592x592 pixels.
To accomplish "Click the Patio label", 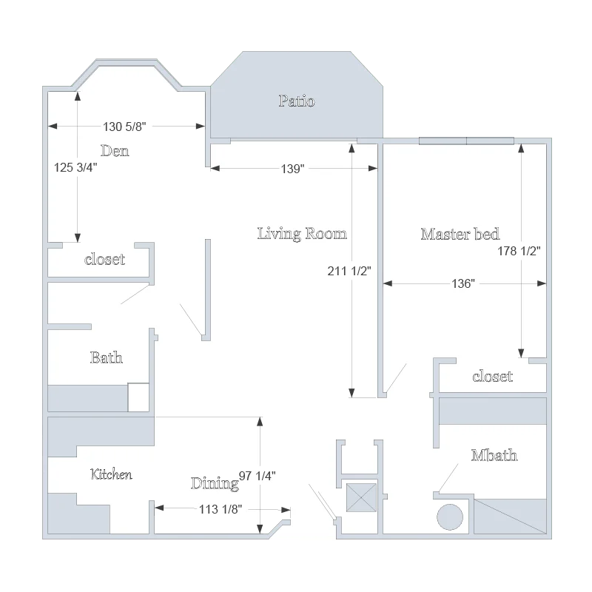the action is (297, 101).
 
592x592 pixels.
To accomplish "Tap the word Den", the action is (115, 151).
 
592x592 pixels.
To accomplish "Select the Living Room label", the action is (302, 234).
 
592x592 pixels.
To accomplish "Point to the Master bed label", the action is (460, 234).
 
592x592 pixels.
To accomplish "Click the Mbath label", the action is (494, 455).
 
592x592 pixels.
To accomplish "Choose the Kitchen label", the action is (112, 474).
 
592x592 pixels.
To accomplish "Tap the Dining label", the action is (215, 484).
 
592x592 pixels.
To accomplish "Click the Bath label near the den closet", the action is (107, 357).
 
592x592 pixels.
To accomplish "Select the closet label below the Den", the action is (104, 260).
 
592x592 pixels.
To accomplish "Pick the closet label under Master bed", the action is (493, 377).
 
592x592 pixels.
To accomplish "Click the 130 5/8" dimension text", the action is (124, 127).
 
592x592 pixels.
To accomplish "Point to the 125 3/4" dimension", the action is (75, 167).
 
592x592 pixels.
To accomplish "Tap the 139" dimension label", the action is (292, 169).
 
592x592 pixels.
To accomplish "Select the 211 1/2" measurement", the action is (349, 271).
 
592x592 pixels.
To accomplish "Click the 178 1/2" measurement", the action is (519, 251).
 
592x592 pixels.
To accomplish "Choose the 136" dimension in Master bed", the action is (463, 283).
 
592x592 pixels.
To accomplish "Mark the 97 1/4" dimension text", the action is (257, 476).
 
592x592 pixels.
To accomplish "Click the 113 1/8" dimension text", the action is (221, 509).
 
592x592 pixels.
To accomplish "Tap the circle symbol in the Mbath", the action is (450, 517).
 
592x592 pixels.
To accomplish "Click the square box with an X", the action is (361, 497).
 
